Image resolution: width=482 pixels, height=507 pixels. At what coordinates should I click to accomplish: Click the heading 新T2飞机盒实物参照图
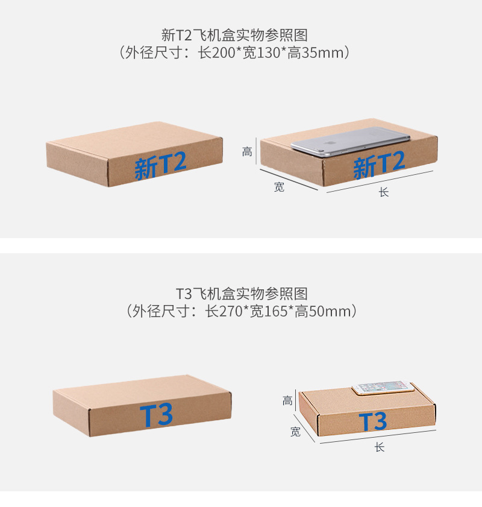(239, 34)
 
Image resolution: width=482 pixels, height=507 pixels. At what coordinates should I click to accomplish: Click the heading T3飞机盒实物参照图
(242, 294)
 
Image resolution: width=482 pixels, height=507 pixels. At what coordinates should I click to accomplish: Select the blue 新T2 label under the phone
(379, 165)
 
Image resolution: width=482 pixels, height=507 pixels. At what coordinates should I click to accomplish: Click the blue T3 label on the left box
(157, 415)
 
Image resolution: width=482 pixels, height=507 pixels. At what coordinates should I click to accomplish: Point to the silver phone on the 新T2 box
(350, 142)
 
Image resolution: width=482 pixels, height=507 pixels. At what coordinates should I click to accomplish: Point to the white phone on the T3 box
(383, 387)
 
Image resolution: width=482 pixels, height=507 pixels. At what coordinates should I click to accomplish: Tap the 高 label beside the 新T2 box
(247, 151)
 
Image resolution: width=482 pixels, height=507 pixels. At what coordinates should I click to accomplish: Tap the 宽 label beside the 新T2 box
(279, 187)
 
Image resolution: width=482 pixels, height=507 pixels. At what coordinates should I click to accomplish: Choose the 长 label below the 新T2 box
(383, 193)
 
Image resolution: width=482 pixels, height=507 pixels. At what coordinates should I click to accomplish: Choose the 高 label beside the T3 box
(288, 400)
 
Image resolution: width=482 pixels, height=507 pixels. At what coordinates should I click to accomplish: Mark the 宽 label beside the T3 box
(295, 432)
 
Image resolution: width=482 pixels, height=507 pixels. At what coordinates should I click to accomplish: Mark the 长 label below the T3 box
(379, 447)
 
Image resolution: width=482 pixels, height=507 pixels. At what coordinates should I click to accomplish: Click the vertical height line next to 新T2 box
(257, 151)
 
